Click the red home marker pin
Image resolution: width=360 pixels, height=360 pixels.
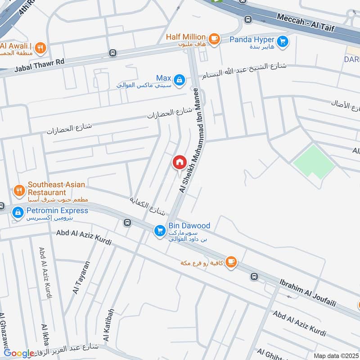[179, 162]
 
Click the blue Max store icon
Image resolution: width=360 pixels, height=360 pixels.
[179, 80]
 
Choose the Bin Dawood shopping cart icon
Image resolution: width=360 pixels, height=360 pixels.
[159, 231]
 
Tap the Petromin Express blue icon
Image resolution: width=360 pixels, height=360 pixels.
[18, 212]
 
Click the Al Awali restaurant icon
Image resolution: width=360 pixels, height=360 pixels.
[40, 47]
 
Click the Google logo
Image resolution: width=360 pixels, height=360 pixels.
[19, 354]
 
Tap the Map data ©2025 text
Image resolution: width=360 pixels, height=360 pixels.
[335, 355]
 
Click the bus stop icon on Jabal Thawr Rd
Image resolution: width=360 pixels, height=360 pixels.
[112, 53]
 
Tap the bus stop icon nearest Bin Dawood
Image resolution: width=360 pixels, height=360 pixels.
[127, 222]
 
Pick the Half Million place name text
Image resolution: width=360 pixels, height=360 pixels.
[185, 36]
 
